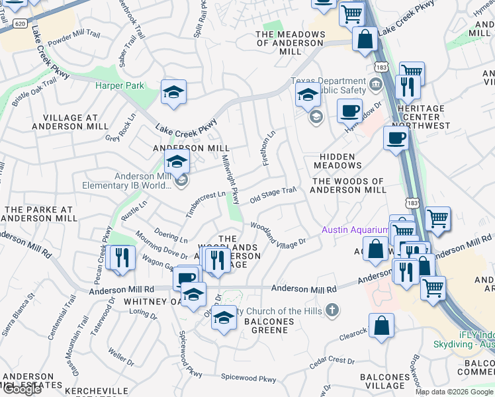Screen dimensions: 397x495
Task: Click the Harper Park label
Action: tap(119, 85)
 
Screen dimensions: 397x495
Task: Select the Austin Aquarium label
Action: tap(354, 230)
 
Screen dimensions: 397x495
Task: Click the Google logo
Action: tap(22, 389)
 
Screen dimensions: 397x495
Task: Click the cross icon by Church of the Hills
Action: tap(332, 310)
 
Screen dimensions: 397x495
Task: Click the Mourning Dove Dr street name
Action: tap(161, 245)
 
